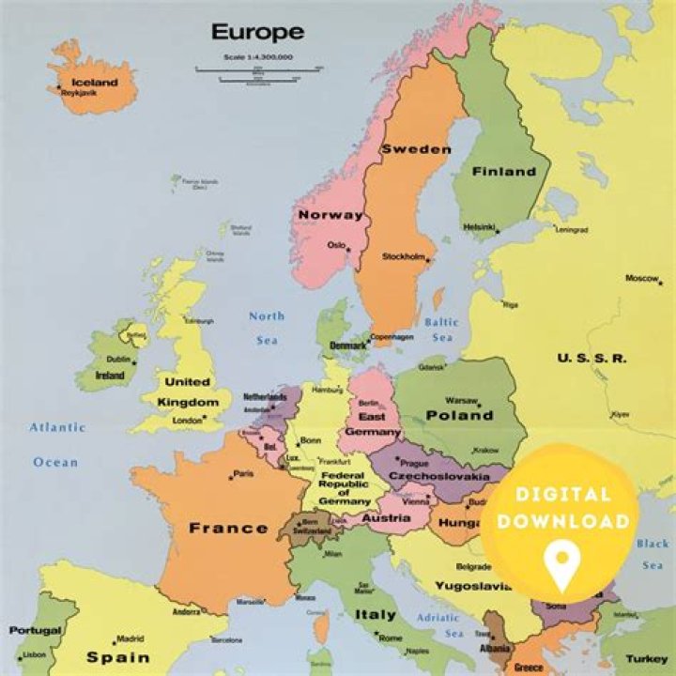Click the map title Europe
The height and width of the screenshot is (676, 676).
click(256, 32)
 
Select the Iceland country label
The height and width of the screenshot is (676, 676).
click(95, 82)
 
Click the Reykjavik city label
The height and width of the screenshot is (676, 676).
click(81, 93)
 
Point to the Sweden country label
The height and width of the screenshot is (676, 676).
click(415, 149)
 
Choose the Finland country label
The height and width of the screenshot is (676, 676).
click(503, 172)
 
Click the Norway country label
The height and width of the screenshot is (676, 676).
click(330, 215)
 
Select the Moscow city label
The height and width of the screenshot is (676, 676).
click(642, 278)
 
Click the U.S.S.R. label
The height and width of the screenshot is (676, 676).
click(591, 358)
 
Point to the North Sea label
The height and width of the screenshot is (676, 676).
click(267, 328)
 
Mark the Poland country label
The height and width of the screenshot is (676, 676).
click(459, 415)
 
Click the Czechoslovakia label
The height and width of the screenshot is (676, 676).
click(438, 477)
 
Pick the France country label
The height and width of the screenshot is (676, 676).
click(228, 528)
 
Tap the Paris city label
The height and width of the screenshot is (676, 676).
click(242, 473)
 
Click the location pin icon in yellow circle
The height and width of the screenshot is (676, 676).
click(561, 567)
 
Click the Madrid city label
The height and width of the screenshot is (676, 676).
click(130, 638)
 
